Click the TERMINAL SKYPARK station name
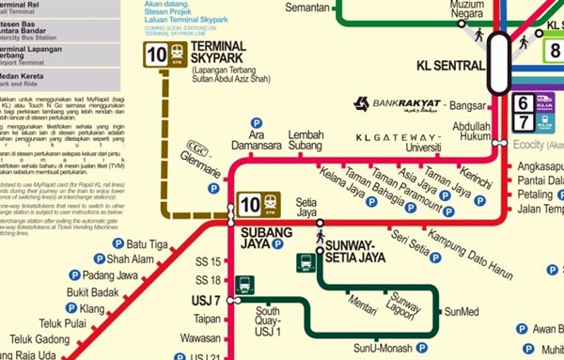217,53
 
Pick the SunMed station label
461,311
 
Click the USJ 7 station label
204,301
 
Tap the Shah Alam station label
130,259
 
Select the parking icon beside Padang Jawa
75,275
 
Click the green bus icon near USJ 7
243,285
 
